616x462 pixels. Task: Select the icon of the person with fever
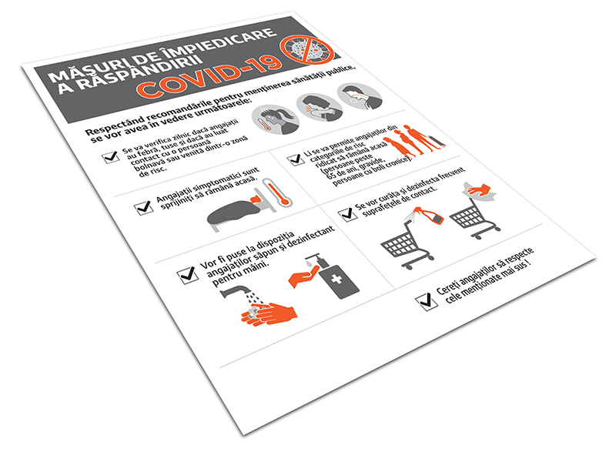tap(276, 119)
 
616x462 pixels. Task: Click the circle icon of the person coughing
tap(320, 107)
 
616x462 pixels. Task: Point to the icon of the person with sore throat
tap(360, 97)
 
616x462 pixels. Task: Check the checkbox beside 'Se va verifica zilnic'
tap(111, 157)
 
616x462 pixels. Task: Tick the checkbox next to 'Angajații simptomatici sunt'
tap(144, 207)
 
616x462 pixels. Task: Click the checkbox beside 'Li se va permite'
tap(295, 159)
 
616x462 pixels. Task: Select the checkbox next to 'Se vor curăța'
tap(348, 214)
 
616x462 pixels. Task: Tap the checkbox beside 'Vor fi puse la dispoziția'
tap(188, 275)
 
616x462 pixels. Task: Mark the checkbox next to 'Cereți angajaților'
tap(427, 302)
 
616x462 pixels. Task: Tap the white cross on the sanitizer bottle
tap(336, 280)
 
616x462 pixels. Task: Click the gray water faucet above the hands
tap(236, 290)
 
